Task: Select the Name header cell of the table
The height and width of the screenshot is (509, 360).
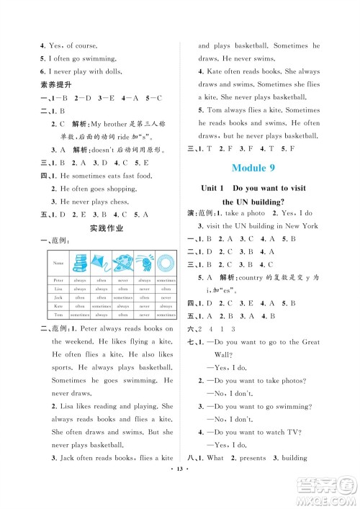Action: coord(58,263)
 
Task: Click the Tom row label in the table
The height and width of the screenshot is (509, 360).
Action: coord(58,315)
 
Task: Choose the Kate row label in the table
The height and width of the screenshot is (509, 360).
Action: coord(58,305)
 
